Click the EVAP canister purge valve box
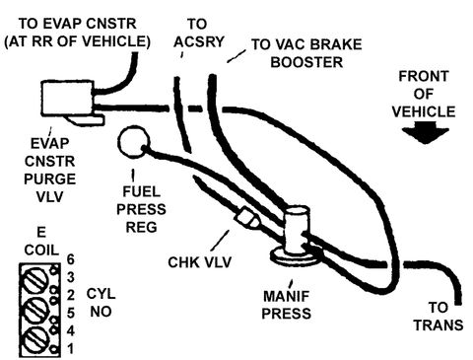coord(68,98)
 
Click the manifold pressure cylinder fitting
coord(297,231)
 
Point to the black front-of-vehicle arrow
coord(426,133)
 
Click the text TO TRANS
coord(439,317)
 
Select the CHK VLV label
coord(199,262)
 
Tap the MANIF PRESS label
coord(286,305)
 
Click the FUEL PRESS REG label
coord(141,209)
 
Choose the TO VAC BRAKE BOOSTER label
coord(306,53)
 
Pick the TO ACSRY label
coord(198,33)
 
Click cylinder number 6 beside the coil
coord(71,259)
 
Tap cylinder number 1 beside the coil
coord(71,348)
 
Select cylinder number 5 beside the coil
coord(71,313)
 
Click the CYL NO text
coord(101,303)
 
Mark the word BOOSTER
coord(306,62)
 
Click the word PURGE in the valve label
coord(50,179)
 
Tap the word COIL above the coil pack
coord(41,250)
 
